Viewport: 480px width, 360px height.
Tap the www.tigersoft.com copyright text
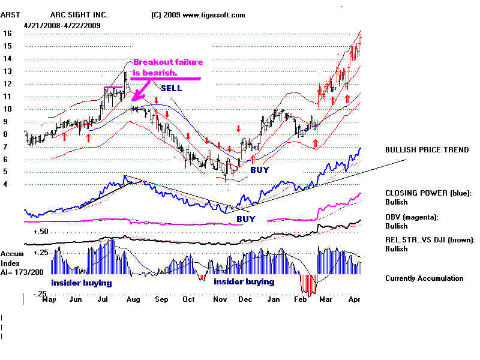coord(198,15)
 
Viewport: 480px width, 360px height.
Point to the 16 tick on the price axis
coord(8,34)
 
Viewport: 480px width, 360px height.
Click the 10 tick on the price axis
coord(8,109)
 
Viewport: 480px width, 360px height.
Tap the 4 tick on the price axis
coord(6,184)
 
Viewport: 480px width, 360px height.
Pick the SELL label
coord(171,88)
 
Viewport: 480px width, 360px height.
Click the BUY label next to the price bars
coord(260,170)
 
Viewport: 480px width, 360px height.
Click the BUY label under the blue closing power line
coord(245,219)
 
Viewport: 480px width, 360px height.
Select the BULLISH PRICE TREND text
coord(427,149)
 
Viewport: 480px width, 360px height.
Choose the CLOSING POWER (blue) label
coord(428,193)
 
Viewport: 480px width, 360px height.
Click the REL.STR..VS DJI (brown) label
coord(430,239)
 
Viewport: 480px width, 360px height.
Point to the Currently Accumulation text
coord(424,278)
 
